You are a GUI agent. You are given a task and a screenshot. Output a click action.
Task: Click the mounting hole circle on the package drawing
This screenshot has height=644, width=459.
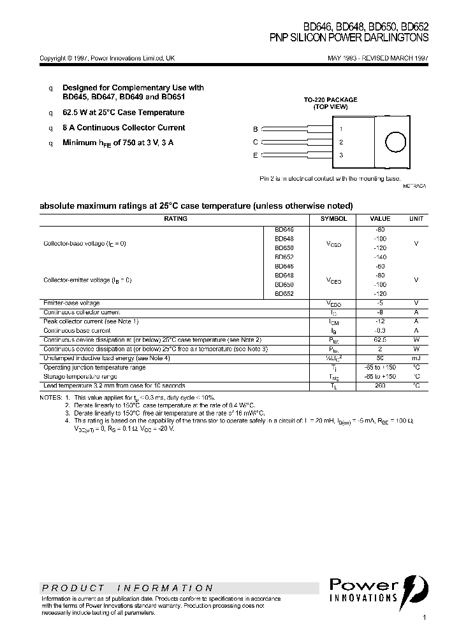[x=395, y=142]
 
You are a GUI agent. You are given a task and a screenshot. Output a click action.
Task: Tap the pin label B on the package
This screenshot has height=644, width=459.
[x=255, y=129]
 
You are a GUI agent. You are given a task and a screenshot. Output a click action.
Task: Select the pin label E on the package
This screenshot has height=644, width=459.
[x=255, y=155]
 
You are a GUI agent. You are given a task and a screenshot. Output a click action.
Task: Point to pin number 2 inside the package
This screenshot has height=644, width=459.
[x=341, y=142]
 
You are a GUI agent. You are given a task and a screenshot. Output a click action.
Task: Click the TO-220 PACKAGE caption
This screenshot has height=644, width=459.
[x=330, y=100]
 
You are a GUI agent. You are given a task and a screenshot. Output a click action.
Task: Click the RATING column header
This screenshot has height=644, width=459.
[x=175, y=219]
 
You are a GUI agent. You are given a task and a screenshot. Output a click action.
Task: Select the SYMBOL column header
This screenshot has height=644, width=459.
[x=333, y=219]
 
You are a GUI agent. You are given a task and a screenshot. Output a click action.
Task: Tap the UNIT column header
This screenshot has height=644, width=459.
[x=416, y=219]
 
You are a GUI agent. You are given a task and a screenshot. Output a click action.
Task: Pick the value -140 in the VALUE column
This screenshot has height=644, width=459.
[x=381, y=256]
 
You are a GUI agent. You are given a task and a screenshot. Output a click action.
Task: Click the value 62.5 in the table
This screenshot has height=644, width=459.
[x=381, y=340]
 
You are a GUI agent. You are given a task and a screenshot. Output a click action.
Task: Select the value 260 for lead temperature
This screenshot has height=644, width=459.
[x=381, y=386]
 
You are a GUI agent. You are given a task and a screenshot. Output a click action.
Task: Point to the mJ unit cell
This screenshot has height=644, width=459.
[x=416, y=358]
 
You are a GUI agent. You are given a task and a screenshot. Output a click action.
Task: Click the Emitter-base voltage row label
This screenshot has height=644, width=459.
[x=71, y=304]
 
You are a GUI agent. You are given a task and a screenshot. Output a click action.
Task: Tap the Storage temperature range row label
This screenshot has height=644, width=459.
[x=80, y=377]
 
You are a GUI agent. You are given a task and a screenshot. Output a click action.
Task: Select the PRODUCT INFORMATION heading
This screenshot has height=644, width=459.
[x=127, y=588]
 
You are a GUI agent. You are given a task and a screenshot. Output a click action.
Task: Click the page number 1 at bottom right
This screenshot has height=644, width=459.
[x=424, y=618]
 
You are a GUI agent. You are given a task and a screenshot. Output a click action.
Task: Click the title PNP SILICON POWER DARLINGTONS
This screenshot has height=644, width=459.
[x=349, y=38]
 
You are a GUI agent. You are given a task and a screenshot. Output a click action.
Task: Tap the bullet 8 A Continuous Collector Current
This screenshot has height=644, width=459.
[x=124, y=128]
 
